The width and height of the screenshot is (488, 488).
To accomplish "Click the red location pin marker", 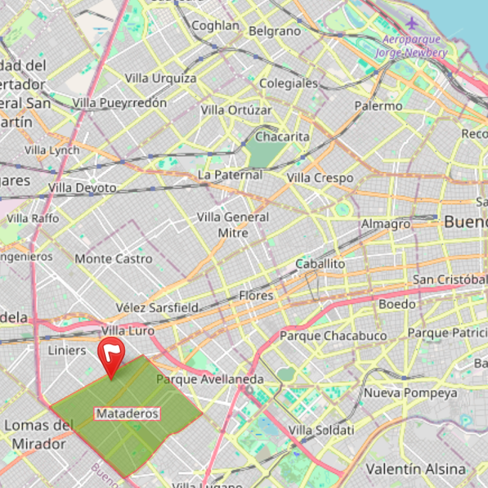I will tap(111, 355).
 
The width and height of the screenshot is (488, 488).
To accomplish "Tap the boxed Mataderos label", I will tap(127, 413).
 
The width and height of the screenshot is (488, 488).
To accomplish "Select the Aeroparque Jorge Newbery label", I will tap(411, 46).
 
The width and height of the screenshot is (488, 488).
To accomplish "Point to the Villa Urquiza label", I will tap(161, 78).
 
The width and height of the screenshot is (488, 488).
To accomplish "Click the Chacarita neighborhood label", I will tap(282, 136).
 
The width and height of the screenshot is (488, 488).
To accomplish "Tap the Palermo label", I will tap(378, 106).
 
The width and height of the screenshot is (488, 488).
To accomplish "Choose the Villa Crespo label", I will tap(320, 178).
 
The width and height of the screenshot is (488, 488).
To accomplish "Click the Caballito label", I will tap(320, 264).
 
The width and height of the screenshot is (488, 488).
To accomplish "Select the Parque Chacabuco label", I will tap(333, 335).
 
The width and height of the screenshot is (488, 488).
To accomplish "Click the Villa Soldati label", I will tap(322, 430).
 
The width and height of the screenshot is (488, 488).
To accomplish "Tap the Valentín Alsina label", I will tap(416, 469).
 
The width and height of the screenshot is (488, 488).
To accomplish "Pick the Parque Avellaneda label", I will tap(210, 379).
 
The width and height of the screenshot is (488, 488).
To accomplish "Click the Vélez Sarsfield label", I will tap(157, 308).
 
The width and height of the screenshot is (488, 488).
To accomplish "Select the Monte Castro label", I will tap(114, 259).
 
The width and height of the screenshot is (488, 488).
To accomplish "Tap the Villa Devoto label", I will tap(82, 188).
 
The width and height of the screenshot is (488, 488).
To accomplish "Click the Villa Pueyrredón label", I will tap(119, 103).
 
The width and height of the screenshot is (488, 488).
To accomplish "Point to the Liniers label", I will tap(67, 350).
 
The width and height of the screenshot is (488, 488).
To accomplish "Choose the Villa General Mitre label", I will tap(233, 224).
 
